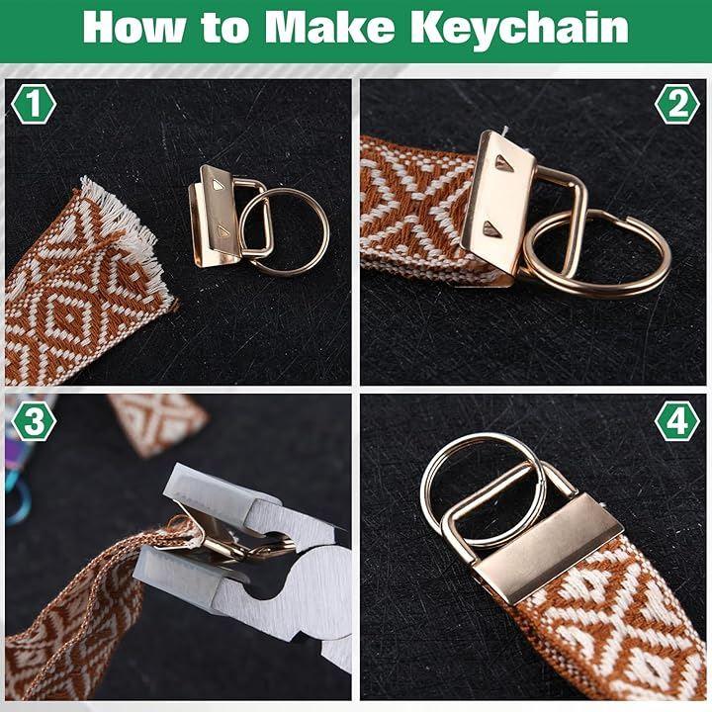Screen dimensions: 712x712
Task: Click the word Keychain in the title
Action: pyautogui.click(x=519, y=29)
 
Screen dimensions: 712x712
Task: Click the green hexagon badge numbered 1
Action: pyautogui.click(x=34, y=104)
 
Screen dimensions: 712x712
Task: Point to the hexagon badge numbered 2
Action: pyautogui.click(x=677, y=104)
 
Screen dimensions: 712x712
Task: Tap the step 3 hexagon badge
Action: pyautogui.click(x=34, y=421)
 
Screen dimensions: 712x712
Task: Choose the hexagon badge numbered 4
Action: pyautogui.click(x=677, y=421)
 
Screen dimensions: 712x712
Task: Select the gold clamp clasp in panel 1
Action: pyautogui.click(x=215, y=217)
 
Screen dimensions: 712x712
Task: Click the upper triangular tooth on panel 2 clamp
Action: pyautogui.click(x=503, y=162)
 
